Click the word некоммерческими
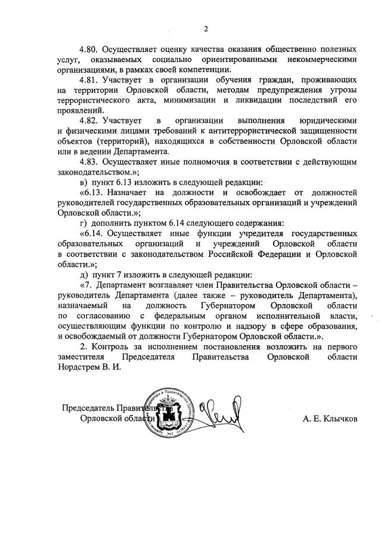322,60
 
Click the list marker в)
83,182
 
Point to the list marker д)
83,275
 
